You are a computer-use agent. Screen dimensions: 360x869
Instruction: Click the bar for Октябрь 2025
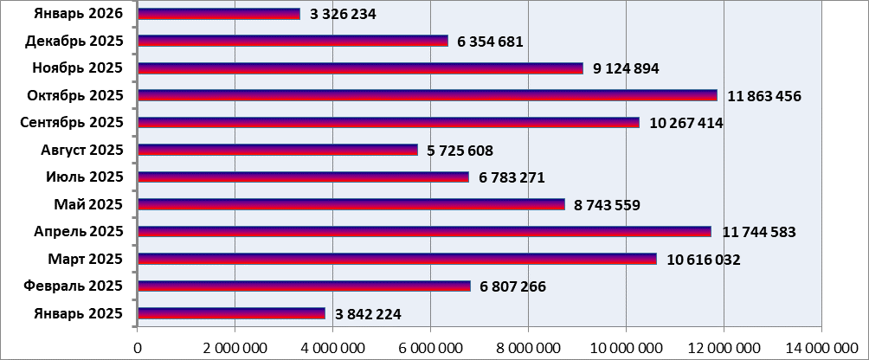point(427,95)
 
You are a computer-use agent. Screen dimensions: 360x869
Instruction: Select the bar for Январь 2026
point(218,14)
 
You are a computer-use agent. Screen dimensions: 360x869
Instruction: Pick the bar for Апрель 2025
point(424,231)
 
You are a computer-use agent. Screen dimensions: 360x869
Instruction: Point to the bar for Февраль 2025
point(304,286)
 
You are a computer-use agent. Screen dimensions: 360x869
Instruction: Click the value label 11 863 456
point(764,96)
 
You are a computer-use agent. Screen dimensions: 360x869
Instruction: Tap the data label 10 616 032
point(704,260)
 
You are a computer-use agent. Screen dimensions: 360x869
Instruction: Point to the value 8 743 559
point(607,205)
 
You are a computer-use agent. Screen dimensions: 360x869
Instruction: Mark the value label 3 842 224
point(364,314)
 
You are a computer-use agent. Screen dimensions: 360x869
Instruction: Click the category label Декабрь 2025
point(74,41)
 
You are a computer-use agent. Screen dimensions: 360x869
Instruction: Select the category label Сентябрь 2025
point(72,122)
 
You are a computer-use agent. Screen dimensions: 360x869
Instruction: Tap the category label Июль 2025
point(85,177)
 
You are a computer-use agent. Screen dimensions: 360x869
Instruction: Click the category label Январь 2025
point(77,313)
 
